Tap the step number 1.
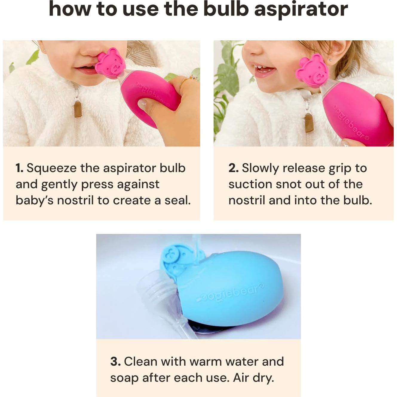[x=19, y=168]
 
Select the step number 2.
[x=233, y=168]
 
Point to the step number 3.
[x=115, y=362]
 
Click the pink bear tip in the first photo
[x=110, y=63]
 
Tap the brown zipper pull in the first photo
[x=78, y=109]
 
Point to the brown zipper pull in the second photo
[x=309, y=122]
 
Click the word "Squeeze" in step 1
[x=51, y=168]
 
